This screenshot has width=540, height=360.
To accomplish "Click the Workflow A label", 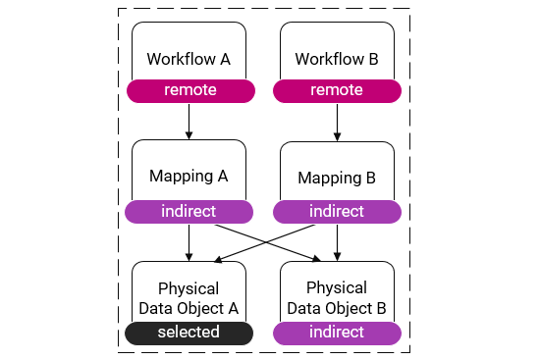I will pos(189,59).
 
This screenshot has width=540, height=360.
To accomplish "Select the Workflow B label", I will pos(337,60).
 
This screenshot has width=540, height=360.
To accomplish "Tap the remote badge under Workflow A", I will pos(190,91).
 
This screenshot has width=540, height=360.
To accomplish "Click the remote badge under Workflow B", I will pos(337,91).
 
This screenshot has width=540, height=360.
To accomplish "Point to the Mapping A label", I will pos(189,177).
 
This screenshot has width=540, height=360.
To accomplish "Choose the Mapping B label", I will pos(337,179).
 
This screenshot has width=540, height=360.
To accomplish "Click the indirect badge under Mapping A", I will pos(189,211).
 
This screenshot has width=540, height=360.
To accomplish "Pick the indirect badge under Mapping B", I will pos(337,211).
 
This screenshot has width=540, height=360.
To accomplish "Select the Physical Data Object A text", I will pos(188,298).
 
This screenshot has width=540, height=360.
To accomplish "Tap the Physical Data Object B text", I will pos(337,298).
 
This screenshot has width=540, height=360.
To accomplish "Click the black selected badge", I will pos(189,333).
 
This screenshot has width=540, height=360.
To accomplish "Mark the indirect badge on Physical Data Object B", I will pos(337,333).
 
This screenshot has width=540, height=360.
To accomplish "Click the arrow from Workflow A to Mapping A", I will pos(189,120).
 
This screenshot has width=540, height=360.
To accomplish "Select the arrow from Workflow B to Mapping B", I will pos(337,121).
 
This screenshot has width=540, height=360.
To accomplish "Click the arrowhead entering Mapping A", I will pos(189,136).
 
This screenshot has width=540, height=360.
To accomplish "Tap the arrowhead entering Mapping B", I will pos(337,136).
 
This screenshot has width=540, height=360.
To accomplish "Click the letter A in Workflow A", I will pos(225,59).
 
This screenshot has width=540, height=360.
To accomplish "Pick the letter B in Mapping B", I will pos(370,179).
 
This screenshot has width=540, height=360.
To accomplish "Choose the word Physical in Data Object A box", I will pos(188,289).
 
